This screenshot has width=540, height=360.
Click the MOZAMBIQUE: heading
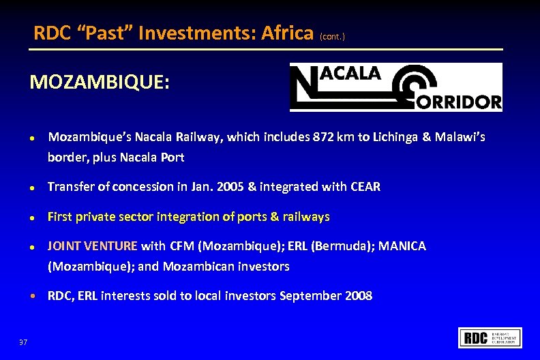100,82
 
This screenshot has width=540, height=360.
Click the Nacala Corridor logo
395,87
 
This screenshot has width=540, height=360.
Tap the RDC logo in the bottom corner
491,337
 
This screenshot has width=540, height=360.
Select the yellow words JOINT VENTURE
92,245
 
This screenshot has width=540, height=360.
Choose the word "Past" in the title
109,33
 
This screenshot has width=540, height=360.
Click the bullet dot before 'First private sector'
32,217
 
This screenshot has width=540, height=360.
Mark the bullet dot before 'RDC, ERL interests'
32,297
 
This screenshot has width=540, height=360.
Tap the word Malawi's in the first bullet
461,137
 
